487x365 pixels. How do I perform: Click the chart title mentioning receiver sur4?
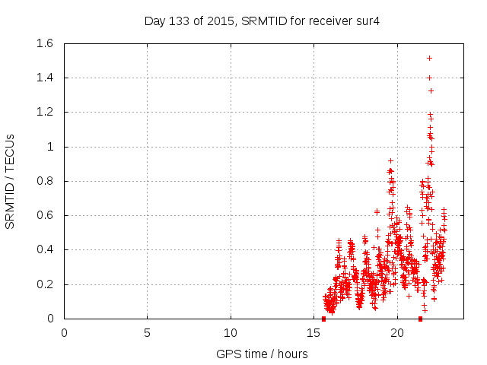pyautogui.click(x=262, y=21)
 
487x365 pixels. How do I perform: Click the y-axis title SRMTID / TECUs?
pyautogui.click(x=10, y=181)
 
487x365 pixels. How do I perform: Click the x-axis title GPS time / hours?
pyautogui.click(x=262, y=354)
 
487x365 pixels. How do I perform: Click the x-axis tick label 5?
pyautogui.click(x=148, y=332)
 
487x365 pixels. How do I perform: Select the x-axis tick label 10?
pyautogui.click(x=231, y=332)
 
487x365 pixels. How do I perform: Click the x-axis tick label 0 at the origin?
pyautogui.click(x=65, y=332)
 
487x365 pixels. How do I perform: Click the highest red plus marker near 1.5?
pyautogui.click(x=430, y=58)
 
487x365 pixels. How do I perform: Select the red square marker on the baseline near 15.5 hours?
pyautogui.click(x=323, y=319)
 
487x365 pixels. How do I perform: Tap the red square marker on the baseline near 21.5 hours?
pyautogui.click(x=420, y=319)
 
